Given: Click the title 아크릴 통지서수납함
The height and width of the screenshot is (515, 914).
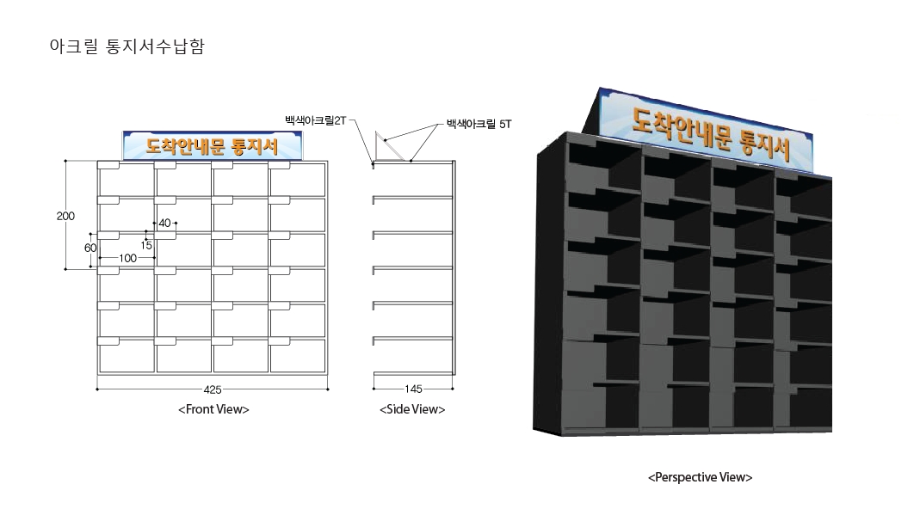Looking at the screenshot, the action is pos(127,46).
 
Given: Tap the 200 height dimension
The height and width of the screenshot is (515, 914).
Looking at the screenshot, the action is pos(65,216).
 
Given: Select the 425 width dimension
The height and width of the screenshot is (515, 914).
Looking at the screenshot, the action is pos(213,389).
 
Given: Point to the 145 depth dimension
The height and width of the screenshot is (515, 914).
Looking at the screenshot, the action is pos(413,389).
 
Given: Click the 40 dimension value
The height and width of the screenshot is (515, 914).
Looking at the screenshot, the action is pos(165,224).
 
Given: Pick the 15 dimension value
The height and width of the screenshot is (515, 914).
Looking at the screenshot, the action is pos(146,245).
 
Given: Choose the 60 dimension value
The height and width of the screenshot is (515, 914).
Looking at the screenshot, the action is pos(90,248).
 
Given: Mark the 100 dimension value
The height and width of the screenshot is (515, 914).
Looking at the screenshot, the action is pos(127,258).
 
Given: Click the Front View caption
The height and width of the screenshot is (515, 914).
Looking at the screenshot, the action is pos(213,409).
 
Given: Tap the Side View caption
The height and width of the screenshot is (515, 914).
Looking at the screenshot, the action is pos(412,409).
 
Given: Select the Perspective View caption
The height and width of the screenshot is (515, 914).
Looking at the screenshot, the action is pos(700,477).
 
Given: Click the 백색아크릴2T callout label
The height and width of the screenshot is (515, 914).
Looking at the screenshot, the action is pos(315,120).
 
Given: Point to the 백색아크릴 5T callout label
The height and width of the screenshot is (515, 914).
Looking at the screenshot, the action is pos(479,124).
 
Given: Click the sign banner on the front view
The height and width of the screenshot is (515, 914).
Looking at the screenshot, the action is pos(213,145).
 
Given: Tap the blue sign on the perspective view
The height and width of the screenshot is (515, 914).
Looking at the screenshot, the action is pos(707,130).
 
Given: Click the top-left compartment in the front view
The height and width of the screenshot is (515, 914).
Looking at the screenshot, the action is pos(127,180).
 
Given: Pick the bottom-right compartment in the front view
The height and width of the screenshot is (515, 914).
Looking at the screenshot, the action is pos(298,355).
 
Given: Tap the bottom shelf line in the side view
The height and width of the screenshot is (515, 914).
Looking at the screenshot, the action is pos(413,372).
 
